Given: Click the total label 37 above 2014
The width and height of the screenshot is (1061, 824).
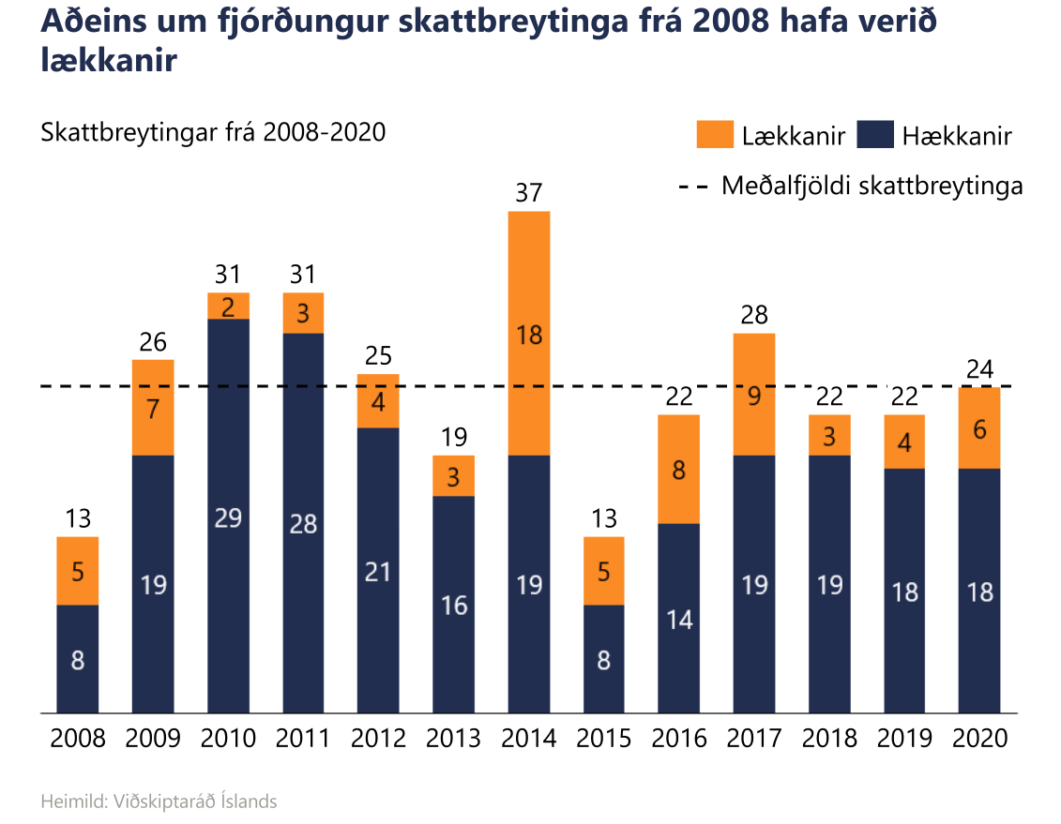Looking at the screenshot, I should pos(529,193).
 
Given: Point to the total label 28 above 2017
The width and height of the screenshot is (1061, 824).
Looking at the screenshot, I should pos(754,315).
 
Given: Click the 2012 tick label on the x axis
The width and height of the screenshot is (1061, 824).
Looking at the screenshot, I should pos(378,739).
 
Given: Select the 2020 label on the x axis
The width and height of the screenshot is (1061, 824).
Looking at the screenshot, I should pos(979,739).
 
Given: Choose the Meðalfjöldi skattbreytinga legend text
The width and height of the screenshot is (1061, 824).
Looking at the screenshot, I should pos(872,185).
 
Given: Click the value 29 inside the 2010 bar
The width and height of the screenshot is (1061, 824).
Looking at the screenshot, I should pos(228,517).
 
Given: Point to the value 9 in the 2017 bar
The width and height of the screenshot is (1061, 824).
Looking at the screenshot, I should pos(754,396).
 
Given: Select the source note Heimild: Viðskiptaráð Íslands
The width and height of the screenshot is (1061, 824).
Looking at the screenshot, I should pos(159,802).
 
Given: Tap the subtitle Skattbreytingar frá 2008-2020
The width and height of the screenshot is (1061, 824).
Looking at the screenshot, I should pos(213,132).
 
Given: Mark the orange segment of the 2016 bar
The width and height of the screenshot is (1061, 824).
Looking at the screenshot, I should pos(679,469).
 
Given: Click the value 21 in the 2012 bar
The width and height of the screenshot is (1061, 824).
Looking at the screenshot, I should pos(378,571).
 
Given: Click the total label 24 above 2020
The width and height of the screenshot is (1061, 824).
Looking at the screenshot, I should pos(979,369).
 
